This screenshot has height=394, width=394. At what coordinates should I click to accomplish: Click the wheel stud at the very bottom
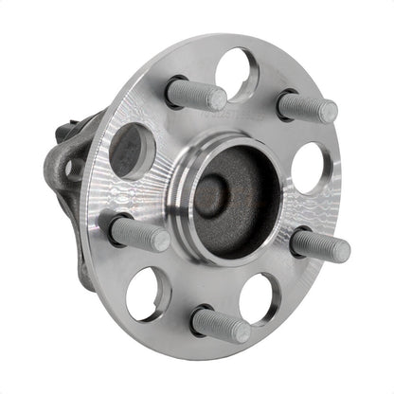coord(220,324)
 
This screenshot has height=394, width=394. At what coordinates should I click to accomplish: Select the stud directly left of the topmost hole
coord(196,94)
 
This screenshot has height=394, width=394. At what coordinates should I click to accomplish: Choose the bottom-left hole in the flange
coord(147,292)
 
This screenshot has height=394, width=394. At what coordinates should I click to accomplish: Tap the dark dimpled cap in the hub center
coord(213,194)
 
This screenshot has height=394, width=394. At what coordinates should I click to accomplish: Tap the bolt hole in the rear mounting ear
coord(74,170)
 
